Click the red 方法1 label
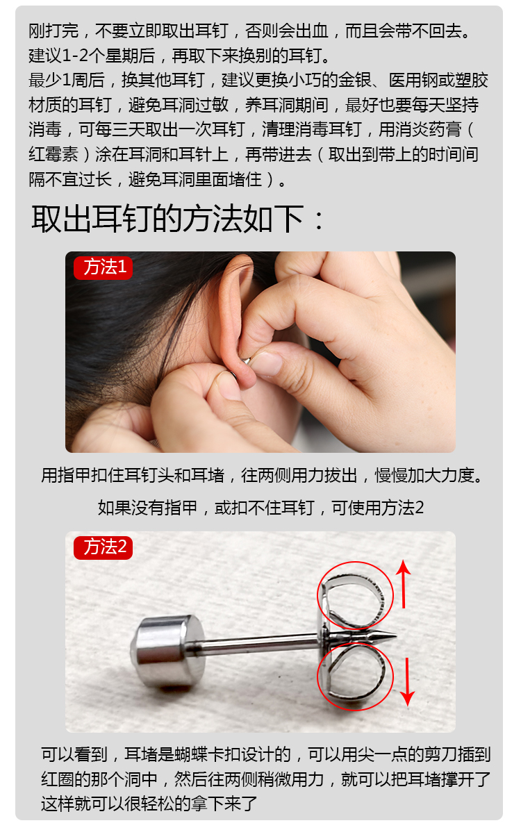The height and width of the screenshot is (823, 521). coord(103,267)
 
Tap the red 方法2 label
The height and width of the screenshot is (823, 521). coord(103,547)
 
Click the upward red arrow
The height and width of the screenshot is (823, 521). coord(405,585)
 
